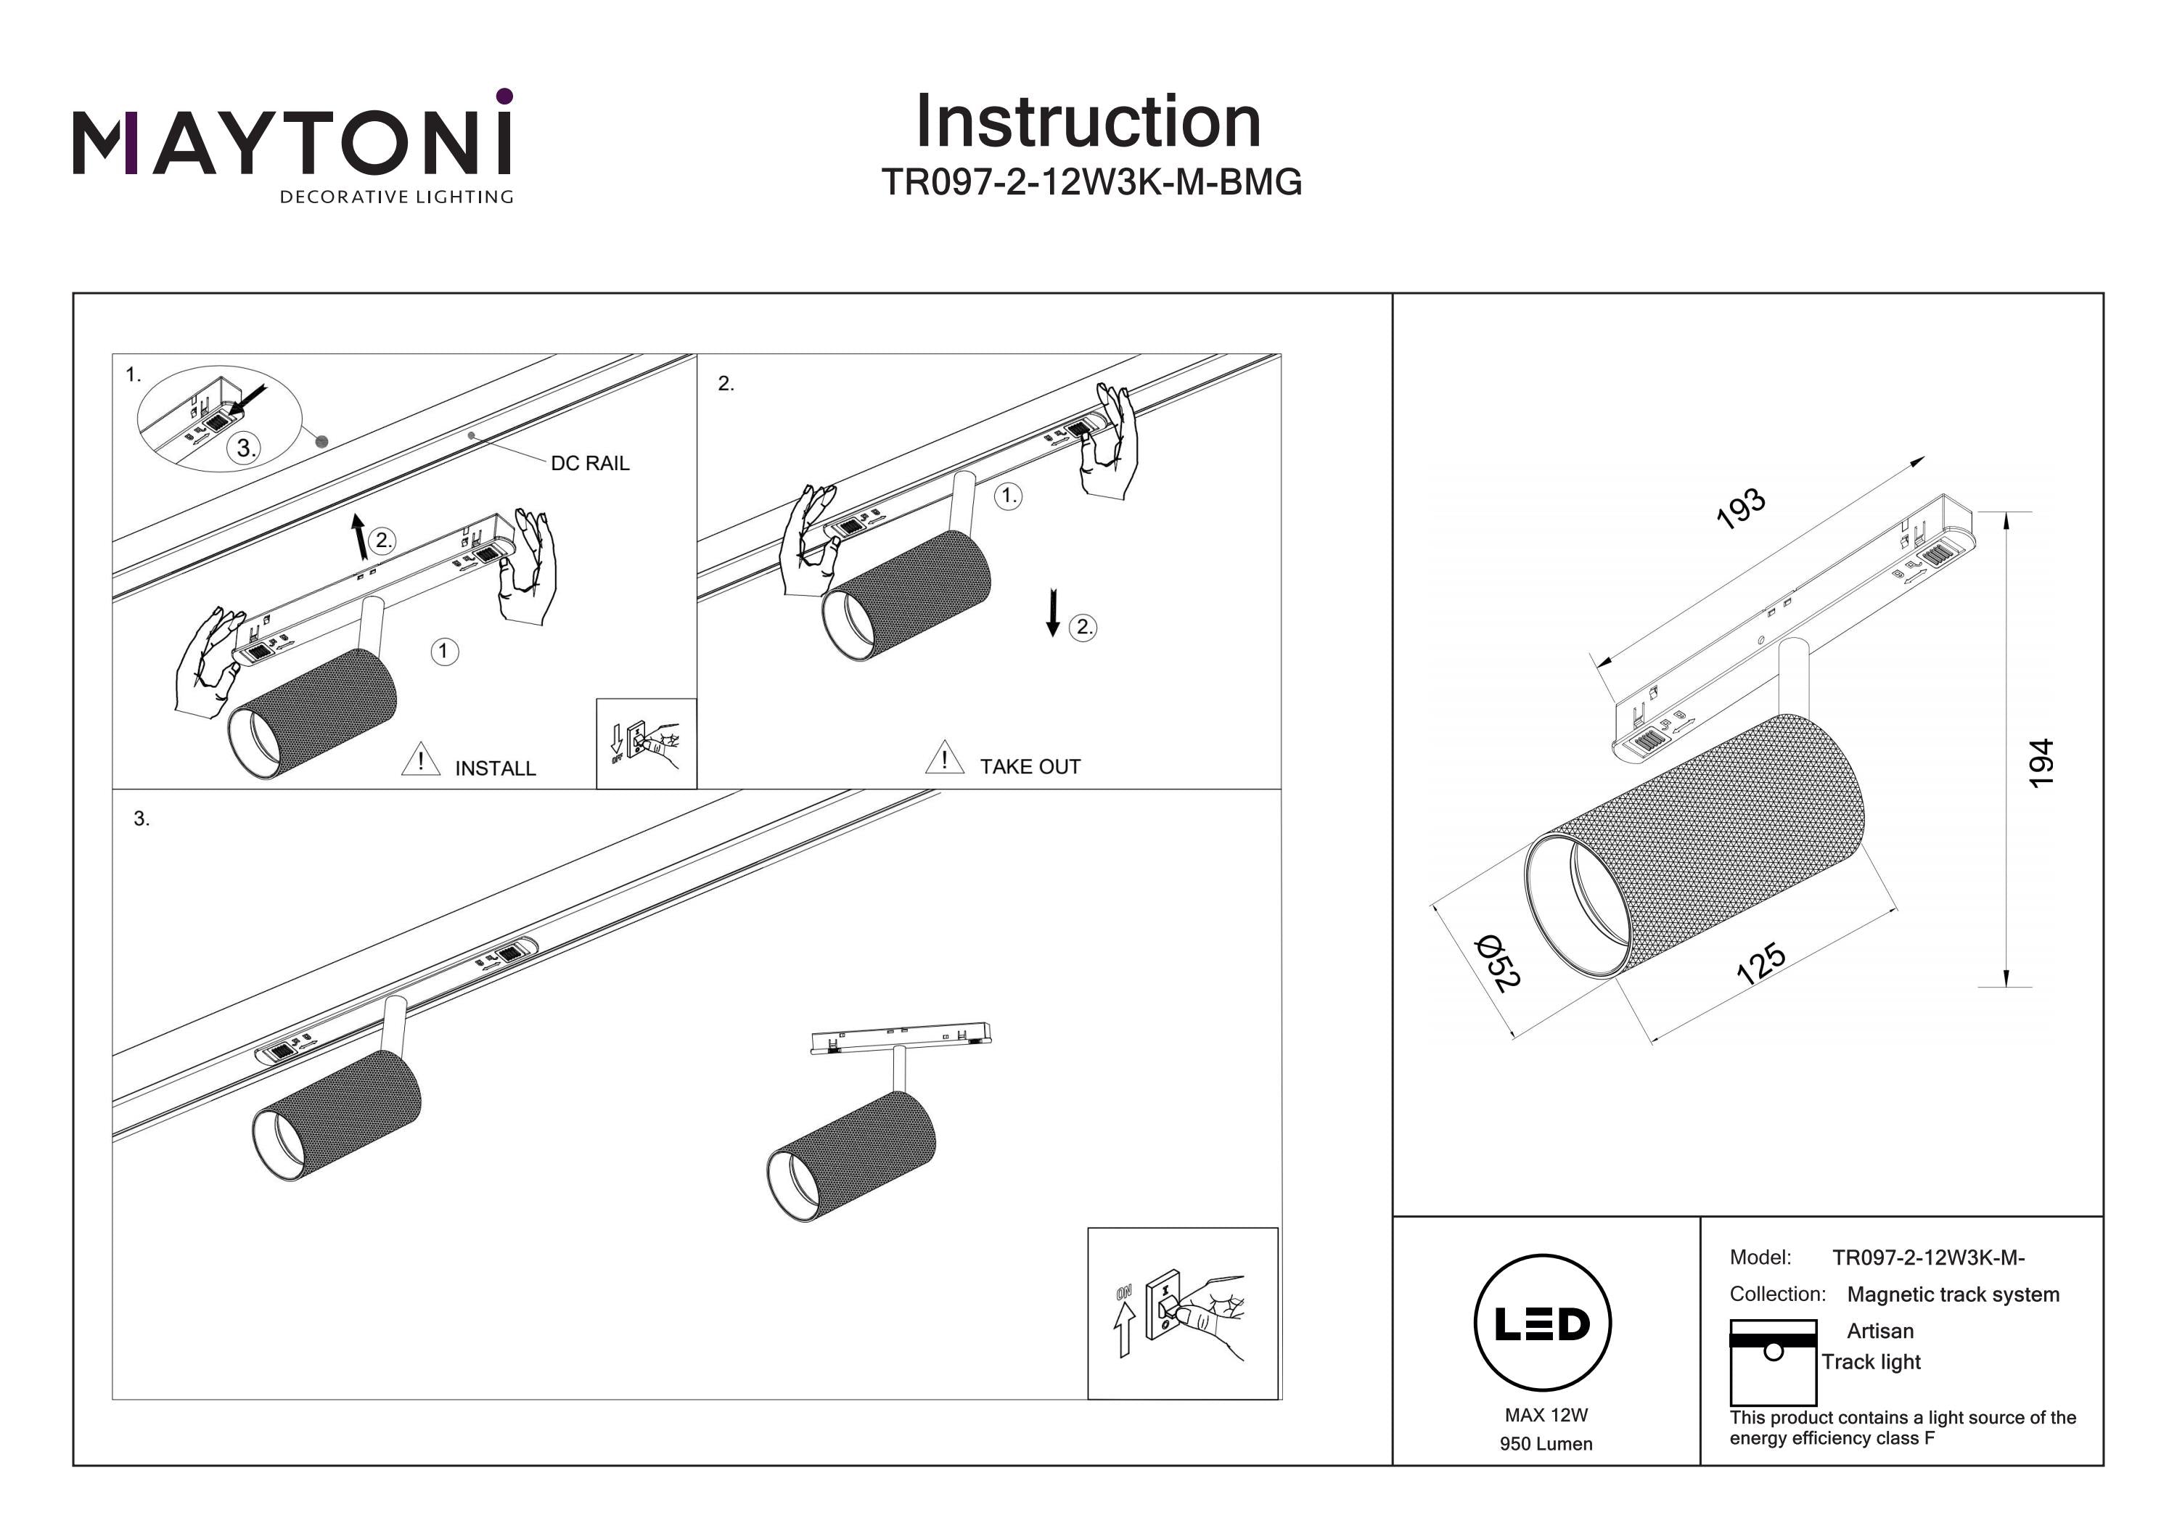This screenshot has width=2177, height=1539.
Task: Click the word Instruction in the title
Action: [x=1088, y=123]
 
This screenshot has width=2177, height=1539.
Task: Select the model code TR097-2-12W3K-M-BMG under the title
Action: [x=1091, y=182]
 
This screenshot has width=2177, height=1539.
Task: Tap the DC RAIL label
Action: [x=590, y=464]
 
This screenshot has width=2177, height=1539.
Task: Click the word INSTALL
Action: [x=495, y=769]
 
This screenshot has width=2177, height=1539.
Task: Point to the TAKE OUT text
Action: [x=1030, y=767]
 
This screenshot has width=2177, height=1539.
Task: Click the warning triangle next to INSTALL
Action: [x=420, y=760]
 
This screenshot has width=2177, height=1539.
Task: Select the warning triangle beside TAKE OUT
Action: [x=944, y=758]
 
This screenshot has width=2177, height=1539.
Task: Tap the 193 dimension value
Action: [x=1741, y=508]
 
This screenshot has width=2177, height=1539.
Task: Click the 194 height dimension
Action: [x=2041, y=763]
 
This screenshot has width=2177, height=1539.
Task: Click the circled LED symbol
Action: [x=1543, y=1323]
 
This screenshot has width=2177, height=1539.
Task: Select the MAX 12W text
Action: [x=1546, y=1416]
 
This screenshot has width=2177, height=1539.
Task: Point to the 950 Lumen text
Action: [x=1546, y=1444]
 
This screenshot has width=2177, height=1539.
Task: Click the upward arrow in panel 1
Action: [x=359, y=537]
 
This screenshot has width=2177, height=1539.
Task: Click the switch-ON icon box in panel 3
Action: [x=1182, y=1313]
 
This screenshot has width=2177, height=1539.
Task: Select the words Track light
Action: [x=1871, y=1363]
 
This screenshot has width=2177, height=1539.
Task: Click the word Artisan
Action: [x=1880, y=1331]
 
